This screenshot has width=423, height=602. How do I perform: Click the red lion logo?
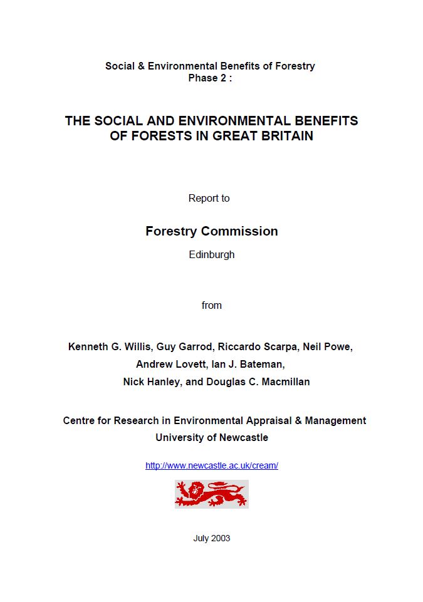click(211, 494)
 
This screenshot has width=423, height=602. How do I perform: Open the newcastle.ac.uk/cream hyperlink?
click(211, 465)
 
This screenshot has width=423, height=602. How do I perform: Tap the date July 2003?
click(211, 538)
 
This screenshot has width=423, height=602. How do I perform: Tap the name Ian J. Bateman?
click(248, 364)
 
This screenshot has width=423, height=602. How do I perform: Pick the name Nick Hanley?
click(150, 381)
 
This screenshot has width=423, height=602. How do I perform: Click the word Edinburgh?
click(211, 255)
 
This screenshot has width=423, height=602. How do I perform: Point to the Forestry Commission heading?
click(211, 231)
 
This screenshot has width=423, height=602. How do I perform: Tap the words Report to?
click(209, 198)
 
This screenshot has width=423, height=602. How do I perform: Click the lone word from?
click(211, 305)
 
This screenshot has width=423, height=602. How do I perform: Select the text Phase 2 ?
click(210, 78)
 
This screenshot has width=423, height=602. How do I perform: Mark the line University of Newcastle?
click(211, 437)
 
